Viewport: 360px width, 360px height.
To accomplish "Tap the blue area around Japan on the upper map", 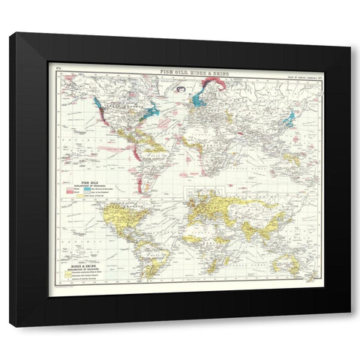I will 289,118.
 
